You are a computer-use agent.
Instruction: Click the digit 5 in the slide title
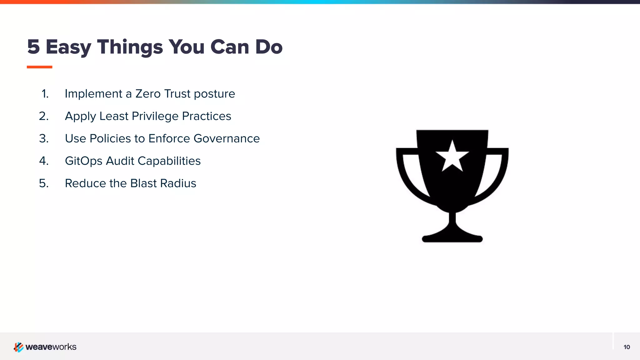(x=33, y=47)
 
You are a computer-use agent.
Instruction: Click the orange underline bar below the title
(x=39, y=67)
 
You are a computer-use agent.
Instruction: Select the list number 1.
(x=45, y=94)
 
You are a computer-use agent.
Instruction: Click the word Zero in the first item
(x=148, y=94)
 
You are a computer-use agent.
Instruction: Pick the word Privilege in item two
(x=155, y=116)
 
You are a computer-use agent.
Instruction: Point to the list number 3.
(x=44, y=138)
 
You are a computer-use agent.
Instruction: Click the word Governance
(x=227, y=138)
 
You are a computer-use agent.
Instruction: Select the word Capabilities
(x=169, y=161)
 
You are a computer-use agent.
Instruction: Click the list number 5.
(x=44, y=183)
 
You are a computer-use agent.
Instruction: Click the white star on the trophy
(x=452, y=157)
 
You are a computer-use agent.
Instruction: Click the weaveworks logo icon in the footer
(x=18, y=347)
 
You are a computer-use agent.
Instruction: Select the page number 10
(x=627, y=347)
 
